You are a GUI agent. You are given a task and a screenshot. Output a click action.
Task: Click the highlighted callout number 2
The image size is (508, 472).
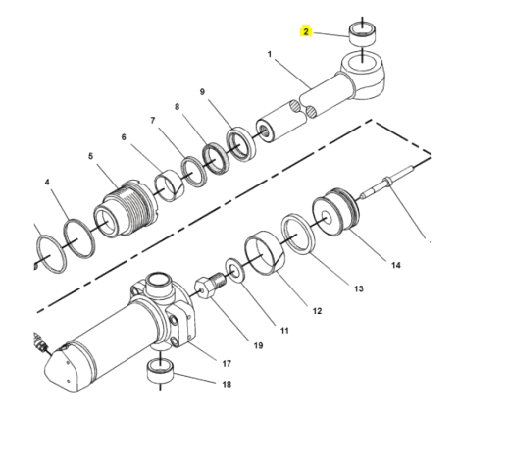[x=306, y=32]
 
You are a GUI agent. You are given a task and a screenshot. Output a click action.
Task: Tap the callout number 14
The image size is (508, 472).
[x=395, y=265]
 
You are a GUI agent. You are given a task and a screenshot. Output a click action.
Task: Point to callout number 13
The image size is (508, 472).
[x=358, y=288]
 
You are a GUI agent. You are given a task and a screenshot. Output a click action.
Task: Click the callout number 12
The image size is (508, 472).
[x=317, y=311]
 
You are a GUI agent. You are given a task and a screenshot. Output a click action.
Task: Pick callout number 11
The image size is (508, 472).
[x=283, y=330]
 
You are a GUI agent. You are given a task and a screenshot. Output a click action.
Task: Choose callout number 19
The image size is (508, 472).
[x=259, y=345]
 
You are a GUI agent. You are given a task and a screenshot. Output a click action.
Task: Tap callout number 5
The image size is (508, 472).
[x=89, y=156]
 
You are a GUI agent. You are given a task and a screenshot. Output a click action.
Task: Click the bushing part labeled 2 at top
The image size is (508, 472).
[x=361, y=38]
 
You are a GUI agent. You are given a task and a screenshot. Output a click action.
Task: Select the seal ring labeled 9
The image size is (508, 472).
[x=237, y=144]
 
